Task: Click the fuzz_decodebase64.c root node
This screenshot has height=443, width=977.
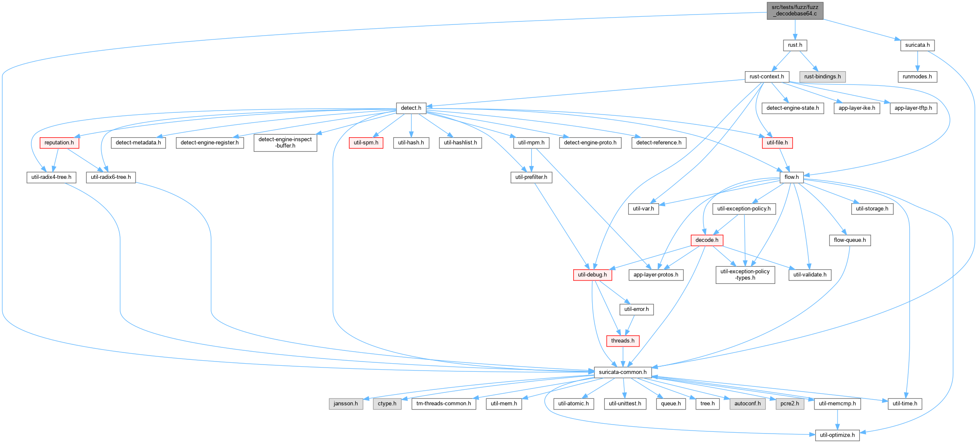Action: click(x=795, y=10)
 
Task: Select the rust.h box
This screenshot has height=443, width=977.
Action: click(x=795, y=45)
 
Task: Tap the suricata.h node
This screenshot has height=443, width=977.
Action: click(x=917, y=45)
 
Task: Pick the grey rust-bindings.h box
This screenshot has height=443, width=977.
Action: click(x=823, y=77)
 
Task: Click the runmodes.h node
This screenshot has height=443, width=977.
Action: click(x=917, y=77)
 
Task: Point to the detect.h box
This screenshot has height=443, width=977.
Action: click(x=411, y=108)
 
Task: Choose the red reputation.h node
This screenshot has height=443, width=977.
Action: click(x=59, y=143)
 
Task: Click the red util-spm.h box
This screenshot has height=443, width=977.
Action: click(x=366, y=143)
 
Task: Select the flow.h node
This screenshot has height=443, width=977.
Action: click(x=792, y=177)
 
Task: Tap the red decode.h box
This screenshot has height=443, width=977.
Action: click(x=707, y=240)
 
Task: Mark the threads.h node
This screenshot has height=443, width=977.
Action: click(x=623, y=341)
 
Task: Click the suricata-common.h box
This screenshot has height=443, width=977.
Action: click(x=623, y=372)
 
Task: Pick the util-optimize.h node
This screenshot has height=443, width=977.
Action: click(x=837, y=435)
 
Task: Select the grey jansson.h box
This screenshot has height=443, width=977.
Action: click(x=346, y=404)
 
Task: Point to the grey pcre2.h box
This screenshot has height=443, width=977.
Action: click(x=790, y=404)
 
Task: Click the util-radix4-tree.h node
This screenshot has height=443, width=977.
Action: click(x=51, y=177)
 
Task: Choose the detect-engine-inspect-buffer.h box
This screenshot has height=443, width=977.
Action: click(x=285, y=143)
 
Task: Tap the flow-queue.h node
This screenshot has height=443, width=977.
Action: click(x=850, y=240)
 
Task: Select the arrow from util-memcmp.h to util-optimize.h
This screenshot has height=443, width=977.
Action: click(x=837, y=420)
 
